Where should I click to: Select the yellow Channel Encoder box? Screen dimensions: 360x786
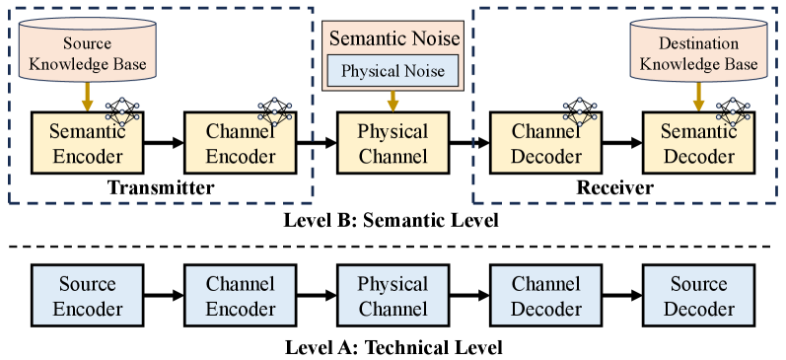tap(241, 144)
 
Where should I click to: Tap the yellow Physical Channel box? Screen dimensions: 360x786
tap(393, 144)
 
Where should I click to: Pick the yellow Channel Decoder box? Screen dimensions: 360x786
tap(546, 144)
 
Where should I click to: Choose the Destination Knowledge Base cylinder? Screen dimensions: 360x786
tap(699, 55)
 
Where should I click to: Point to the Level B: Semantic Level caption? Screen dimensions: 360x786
tap(393, 221)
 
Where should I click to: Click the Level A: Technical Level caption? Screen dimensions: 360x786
tap(393, 346)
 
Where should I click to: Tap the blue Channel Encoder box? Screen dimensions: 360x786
tap(241, 297)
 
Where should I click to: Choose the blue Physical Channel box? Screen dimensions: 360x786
tap(393, 297)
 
